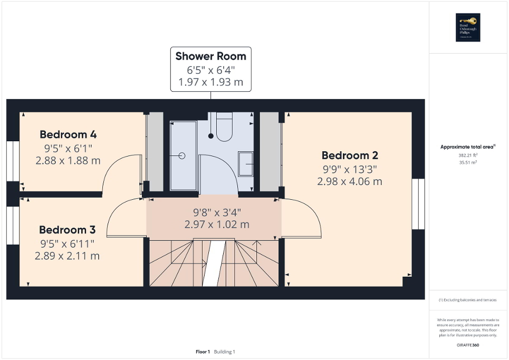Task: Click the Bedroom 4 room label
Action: (x=68, y=134)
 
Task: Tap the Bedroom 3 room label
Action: (x=68, y=230)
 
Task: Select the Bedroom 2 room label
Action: (x=350, y=155)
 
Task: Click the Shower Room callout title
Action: (x=210, y=56)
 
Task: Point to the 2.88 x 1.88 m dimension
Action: (x=68, y=160)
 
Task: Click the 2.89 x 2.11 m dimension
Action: (x=68, y=256)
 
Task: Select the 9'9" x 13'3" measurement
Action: (x=350, y=169)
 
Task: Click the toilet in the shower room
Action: (x=224, y=128)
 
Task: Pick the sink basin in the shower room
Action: (x=246, y=164)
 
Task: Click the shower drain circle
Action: (x=182, y=155)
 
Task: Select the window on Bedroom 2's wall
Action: (x=418, y=204)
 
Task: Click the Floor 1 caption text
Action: (x=203, y=352)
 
